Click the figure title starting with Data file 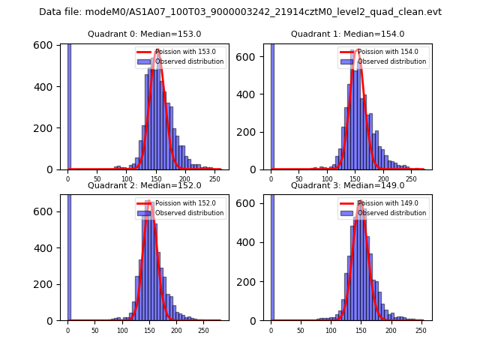pos(240,12)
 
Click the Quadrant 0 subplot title pos(144,34)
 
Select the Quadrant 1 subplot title pos(347,34)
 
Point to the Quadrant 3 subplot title pos(347,185)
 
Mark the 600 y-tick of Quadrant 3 pos(251,211)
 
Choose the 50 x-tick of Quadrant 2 pos(94,331)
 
